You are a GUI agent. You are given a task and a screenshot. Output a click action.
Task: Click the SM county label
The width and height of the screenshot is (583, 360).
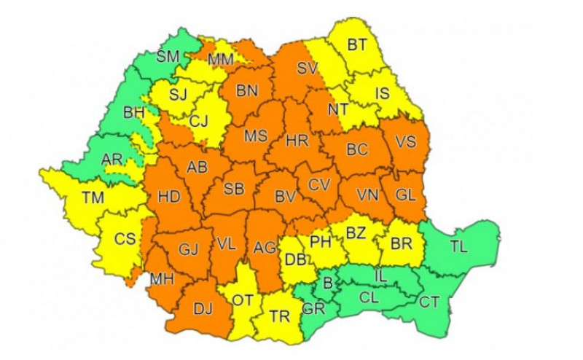pyautogui.click(x=170, y=57)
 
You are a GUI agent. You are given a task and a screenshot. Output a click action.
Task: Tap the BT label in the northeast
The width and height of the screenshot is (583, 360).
pyautogui.click(x=356, y=46)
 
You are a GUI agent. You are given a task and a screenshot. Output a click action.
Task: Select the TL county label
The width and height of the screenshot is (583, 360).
pyautogui.click(x=458, y=247)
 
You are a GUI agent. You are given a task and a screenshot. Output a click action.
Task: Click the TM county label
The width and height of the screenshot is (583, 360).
pyautogui.click(x=92, y=197)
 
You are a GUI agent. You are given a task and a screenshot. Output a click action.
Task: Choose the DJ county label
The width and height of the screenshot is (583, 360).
pyautogui.click(x=203, y=309)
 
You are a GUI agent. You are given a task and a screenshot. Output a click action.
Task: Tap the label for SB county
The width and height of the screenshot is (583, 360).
pyautogui.click(x=233, y=189)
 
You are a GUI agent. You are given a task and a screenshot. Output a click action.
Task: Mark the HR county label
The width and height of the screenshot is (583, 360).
pyautogui.click(x=297, y=140)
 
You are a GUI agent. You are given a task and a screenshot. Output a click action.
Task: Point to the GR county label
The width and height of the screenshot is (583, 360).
pyautogui.click(x=314, y=308)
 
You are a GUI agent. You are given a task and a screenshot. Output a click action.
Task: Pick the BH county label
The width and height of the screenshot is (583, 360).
pyautogui.click(x=134, y=113)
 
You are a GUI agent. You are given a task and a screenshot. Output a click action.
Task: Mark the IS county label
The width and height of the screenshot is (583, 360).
pyautogui.click(x=382, y=93)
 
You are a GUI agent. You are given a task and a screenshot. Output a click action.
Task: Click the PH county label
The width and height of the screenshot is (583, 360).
pyautogui.click(x=321, y=241)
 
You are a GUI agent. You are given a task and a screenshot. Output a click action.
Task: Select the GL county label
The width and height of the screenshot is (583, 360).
pyautogui.click(x=405, y=195)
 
